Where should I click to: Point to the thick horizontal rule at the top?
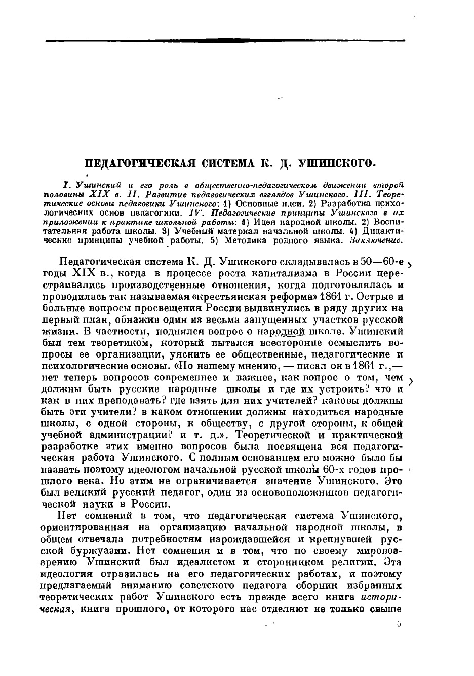click(x=225, y=40)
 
